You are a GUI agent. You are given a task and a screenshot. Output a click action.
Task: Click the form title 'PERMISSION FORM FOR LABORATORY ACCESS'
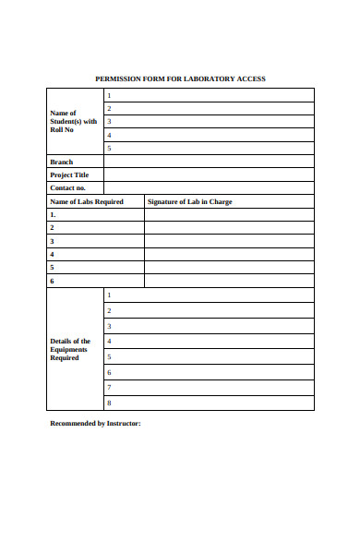(x=180, y=78)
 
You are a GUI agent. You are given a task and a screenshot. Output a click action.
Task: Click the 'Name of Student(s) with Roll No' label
(x=73, y=122)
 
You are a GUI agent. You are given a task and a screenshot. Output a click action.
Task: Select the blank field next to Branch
(x=209, y=162)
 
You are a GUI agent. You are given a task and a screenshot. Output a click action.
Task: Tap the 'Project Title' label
(x=68, y=175)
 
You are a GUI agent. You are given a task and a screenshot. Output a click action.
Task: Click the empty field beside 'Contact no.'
(x=209, y=187)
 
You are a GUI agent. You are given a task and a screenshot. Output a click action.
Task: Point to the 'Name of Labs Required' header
(x=86, y=201)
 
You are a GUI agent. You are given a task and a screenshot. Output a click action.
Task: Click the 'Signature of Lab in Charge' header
(x=190, y=201)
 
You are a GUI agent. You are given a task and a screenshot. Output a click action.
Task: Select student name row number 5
(x=209, y=148)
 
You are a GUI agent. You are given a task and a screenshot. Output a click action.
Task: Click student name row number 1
(x=209, y=95)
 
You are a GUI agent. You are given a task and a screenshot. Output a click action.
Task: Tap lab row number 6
(x=95, y=281)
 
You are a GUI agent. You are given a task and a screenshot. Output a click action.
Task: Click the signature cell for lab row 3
(x=229, y=241)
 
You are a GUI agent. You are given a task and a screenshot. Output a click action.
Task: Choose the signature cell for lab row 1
(x=229, y=214)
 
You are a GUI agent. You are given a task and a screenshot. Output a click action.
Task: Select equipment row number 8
(x=209, y=403)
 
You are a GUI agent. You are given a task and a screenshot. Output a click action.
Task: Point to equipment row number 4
(x=209, y=341)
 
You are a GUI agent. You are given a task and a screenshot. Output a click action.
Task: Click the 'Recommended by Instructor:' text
(x=95, y=423)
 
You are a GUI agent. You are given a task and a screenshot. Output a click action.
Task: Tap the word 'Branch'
(x=61, y=162)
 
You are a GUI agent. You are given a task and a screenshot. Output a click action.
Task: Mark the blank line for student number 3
(x=209, y=121)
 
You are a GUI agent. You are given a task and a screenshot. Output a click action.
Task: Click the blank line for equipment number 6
(x=209, y=372)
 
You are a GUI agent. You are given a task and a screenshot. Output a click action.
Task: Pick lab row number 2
(x=95, y=227)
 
